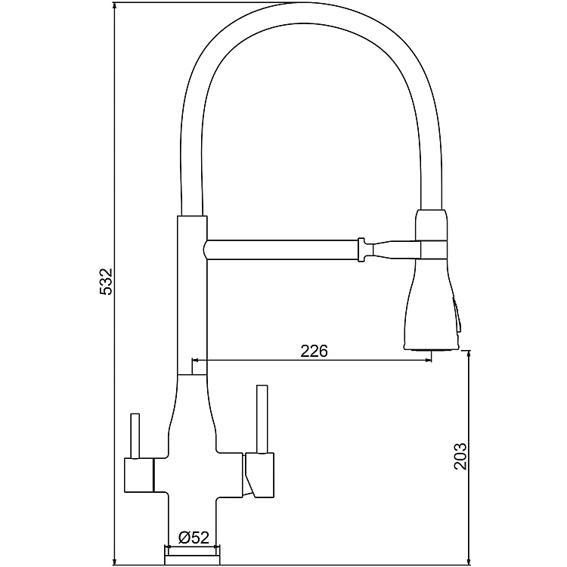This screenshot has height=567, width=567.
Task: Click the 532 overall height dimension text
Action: coord(107,282)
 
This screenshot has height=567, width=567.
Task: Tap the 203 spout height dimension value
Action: coord(460,456)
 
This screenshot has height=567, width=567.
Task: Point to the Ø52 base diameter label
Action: coord(194,538)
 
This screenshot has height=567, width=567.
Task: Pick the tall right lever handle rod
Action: coord(262,419)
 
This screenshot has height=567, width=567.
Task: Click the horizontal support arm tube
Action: coord(280,249)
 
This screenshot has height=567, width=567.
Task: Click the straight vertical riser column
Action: coord(191,295)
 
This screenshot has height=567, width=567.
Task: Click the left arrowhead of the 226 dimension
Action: coord(198,361)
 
